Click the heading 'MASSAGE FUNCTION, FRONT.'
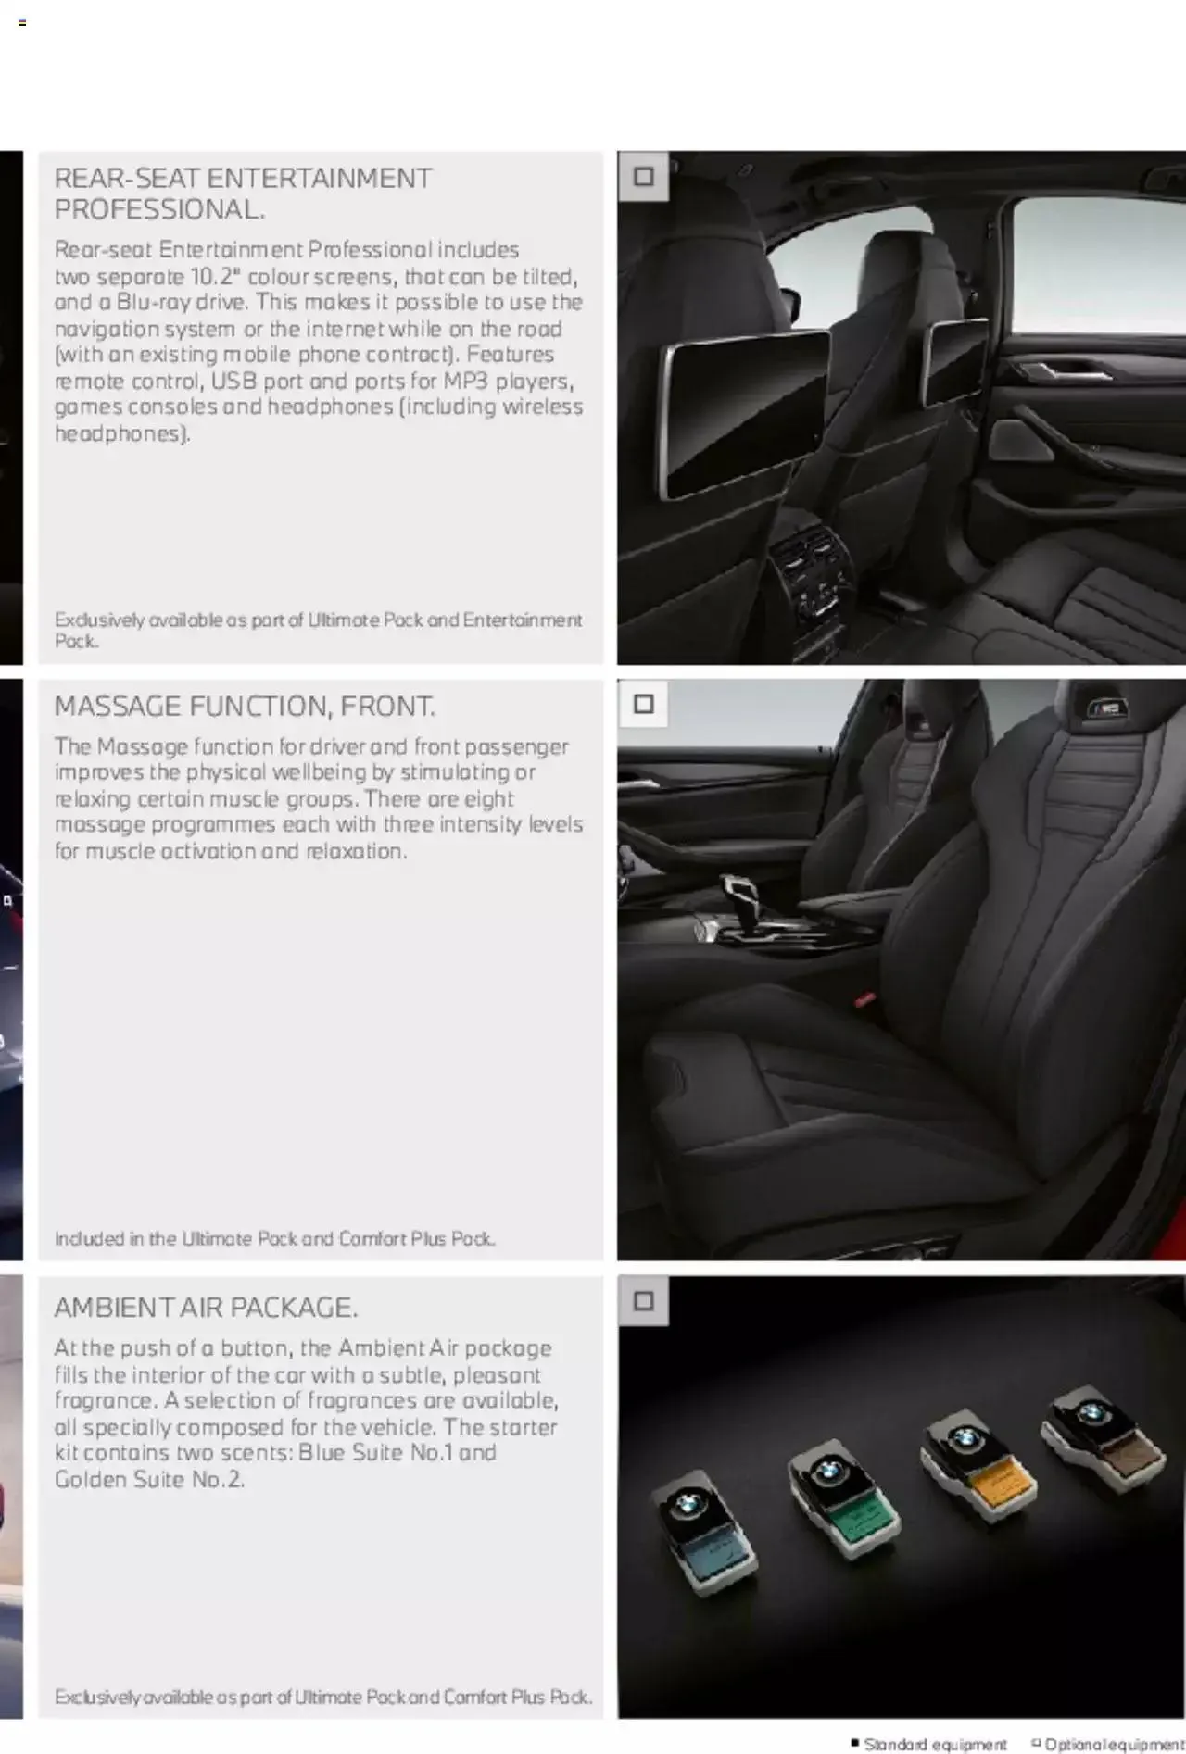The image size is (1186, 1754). click(244, 708)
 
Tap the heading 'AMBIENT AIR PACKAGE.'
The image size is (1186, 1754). click(206, 1308)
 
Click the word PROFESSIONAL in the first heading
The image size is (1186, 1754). click(158, 209)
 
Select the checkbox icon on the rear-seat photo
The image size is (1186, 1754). click(643, 176)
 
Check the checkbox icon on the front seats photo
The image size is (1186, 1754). click(643, 704)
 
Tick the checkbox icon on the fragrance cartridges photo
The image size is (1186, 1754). click(643, 1301)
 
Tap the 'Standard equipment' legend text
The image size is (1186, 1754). click(934, 1744)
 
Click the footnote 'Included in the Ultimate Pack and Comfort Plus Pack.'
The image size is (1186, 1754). click(274, 1238)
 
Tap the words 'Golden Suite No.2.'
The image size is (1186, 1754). click(149, 1479)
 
